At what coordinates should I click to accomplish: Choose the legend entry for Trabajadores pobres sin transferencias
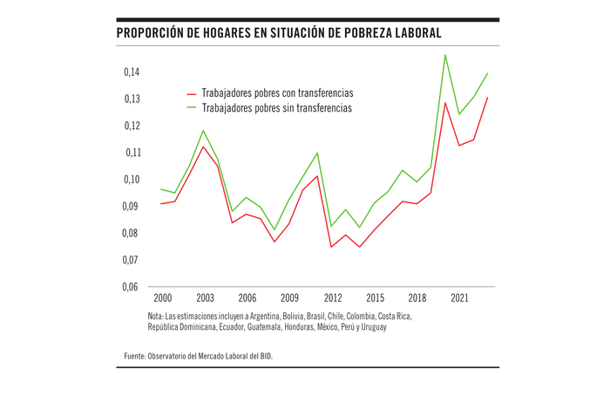[x=276, y=108]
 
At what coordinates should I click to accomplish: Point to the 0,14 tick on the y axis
[x=131, y=72]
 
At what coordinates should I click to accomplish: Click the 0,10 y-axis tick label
[x=131, y=180]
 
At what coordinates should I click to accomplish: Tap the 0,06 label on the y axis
[x=131, y=287]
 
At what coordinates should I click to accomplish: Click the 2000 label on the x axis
[x=162, y=298]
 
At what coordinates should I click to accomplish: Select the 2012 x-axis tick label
[x=332, y=298]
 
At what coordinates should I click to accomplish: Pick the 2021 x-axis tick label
[x=459, y=298]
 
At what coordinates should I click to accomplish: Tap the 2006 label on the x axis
[x=247, y=298]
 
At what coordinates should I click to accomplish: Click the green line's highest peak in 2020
[x=445, y=55]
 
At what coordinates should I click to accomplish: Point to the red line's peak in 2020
[x=445, y=103]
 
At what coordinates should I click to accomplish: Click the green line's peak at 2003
[x=203, y=131]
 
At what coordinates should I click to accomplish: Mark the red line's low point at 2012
[x=331, y=247]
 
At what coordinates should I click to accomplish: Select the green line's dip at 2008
[x=274, y=230]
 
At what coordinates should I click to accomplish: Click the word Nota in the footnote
[x=157, y=316]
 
